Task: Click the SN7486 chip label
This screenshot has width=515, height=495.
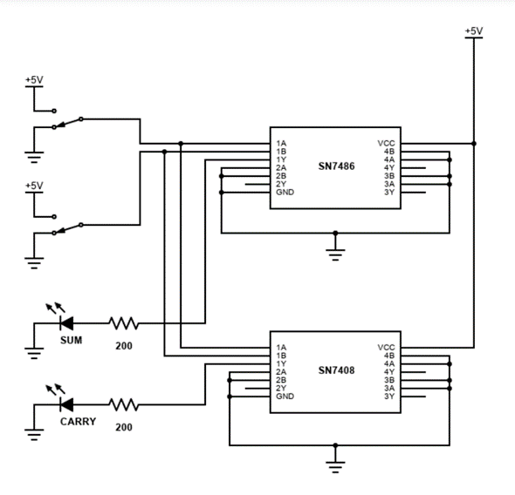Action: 335,167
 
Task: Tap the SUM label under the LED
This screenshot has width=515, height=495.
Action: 71,340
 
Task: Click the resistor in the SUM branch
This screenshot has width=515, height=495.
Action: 123,323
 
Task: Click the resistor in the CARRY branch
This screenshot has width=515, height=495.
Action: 123,404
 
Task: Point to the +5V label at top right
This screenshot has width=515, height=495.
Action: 473,31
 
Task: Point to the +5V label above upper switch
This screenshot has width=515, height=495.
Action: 33,80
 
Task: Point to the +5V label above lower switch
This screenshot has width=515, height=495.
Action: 33,186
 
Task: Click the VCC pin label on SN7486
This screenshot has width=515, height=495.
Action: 386,144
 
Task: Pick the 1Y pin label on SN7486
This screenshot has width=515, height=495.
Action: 281,159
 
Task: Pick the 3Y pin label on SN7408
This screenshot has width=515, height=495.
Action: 389,397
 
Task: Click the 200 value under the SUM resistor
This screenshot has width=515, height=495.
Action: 122,345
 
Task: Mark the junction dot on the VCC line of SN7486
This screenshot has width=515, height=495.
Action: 473,144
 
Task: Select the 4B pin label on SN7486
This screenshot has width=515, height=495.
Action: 389,152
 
